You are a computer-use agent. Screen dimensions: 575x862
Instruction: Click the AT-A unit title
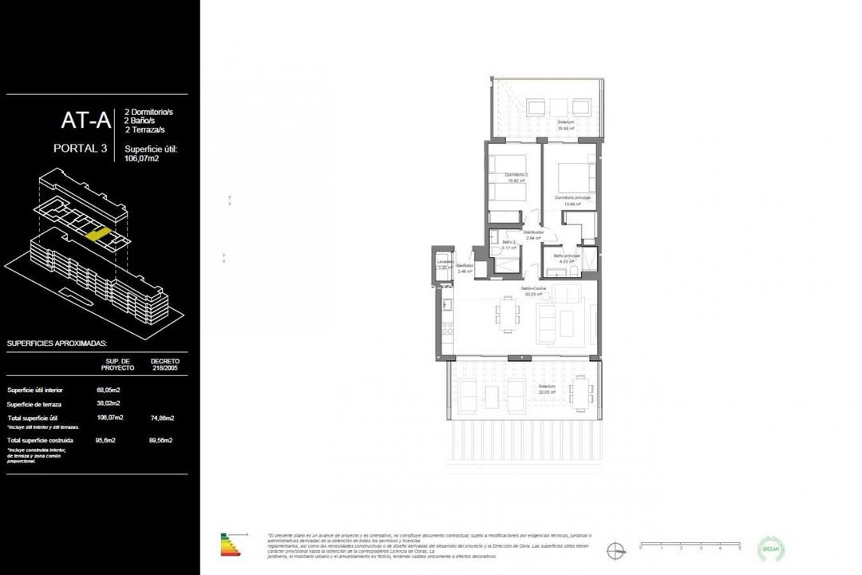[87, 121]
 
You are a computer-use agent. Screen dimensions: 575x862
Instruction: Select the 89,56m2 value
[161, 440]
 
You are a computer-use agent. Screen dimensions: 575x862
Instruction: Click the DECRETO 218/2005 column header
[164, 364]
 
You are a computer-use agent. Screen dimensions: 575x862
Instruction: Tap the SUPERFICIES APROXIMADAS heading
[56, 343]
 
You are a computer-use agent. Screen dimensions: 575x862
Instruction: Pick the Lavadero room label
[445, 264]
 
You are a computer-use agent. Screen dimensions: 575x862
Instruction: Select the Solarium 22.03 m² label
[547, 388]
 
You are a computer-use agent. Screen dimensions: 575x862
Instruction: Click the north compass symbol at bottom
[615, 549]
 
